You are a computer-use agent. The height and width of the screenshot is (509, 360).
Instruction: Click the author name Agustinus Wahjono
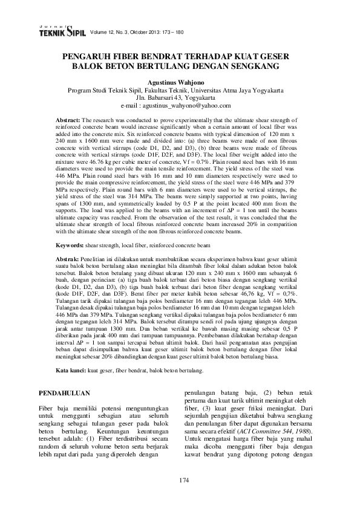pyautogui.click(x=180, y=83)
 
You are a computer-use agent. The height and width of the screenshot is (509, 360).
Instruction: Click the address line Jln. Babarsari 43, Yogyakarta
pyautogui.click(x=180, y=98)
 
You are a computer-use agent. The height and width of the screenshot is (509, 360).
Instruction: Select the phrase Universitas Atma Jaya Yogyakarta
pyautogui.click(x=244, y=91)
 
